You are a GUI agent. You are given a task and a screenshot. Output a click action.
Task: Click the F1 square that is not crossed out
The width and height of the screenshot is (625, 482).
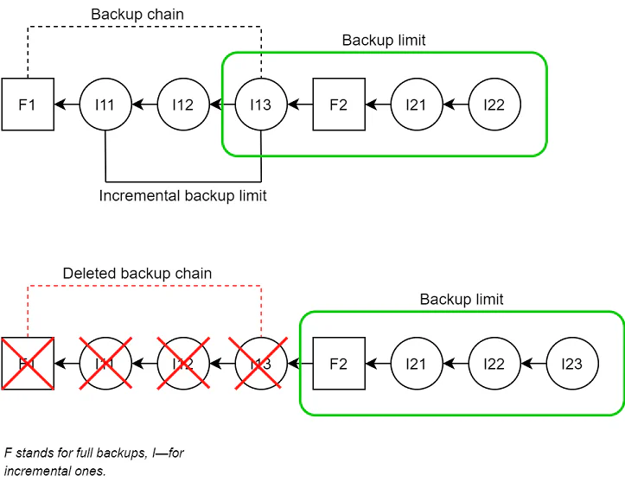tap(28, 105)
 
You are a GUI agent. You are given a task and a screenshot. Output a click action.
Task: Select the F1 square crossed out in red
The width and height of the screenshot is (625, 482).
tap(28, 364)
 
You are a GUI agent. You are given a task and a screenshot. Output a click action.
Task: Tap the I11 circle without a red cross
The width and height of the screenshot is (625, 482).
tap(105, 105)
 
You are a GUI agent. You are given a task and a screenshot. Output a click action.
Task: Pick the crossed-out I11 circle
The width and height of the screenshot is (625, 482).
tap(105, 364)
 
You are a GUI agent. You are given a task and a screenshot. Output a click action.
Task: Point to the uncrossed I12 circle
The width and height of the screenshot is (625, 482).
tap(183, 105)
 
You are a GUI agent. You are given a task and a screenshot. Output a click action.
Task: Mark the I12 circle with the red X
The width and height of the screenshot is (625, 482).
tap(183, 364)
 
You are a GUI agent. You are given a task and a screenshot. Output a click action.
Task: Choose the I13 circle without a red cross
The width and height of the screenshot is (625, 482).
tap(260, 105)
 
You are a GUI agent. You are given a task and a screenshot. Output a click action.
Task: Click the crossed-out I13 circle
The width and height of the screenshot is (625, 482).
tap(260, 364)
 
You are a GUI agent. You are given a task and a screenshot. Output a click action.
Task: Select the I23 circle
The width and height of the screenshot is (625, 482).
tap(571, 364)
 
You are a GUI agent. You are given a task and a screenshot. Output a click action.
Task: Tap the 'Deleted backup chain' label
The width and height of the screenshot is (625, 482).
tap(137, 274)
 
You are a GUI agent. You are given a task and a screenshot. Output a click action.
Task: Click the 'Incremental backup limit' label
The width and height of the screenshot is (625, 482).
tap(182, 196)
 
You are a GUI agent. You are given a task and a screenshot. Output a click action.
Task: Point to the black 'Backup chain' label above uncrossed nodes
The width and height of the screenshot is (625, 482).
tap(137, 15)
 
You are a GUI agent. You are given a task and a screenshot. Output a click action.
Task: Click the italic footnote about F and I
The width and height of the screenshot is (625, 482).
tap(94, 461)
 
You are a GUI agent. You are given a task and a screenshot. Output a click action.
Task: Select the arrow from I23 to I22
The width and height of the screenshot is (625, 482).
tap(533, 364)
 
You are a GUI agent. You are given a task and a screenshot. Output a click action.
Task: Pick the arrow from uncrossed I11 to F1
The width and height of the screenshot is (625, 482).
tap(67, 105)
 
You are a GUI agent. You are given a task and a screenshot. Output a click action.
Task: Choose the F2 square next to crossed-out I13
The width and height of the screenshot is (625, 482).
tap(339, 364)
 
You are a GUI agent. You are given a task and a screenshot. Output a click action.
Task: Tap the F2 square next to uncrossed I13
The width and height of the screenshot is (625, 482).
tap(339, 105)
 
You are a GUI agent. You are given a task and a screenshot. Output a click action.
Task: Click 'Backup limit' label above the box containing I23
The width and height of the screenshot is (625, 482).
tap(462, 300)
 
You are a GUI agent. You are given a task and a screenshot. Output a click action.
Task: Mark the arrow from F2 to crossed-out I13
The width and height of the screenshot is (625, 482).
tap(300, 364)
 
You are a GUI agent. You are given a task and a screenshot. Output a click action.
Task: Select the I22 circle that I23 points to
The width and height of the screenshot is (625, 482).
tap(494, 364)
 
